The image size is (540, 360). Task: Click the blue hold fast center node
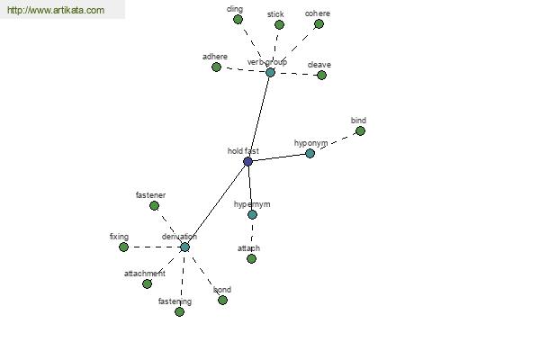click(x=248, y=161)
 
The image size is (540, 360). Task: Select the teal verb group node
click(x=270, y=72)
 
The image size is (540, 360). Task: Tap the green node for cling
click(x=238, y=20)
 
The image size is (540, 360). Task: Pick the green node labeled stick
click(x=279, y=25)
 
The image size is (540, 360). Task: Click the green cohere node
click(x=319, y=24)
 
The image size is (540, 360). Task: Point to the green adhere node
click(x=216, y=67)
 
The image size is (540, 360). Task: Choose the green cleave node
click(x=321, y=75)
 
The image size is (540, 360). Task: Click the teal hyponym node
click(x=310, y=153)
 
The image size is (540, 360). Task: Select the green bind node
click(x=360, y=130)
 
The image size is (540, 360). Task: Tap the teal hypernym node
click(x=252, y=214)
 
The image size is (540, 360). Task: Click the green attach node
click(x=251, y=258)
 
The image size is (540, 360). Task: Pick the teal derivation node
click(x=184, y=247)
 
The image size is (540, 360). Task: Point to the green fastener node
click(x=154, y=206)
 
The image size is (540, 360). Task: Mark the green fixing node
click(x=123, y=247)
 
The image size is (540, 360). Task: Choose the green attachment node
click(x=147, y=283)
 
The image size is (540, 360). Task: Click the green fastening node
click(x=179, y=311)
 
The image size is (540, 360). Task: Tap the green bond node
click(x=223, y=300)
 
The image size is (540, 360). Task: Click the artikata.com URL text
click(x=56, y=10)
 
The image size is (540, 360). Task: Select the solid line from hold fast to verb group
click(x=259, y=117)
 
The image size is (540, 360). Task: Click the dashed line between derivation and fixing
click(x=154, y=247)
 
